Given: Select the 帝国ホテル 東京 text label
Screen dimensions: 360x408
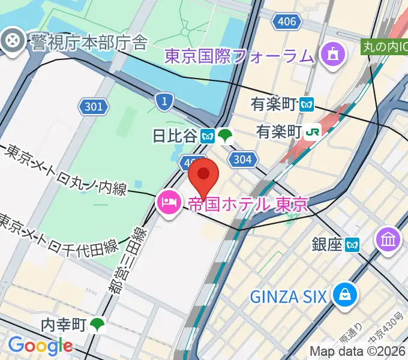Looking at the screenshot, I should (248, 203).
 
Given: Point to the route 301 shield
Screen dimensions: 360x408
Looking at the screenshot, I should (94, 107).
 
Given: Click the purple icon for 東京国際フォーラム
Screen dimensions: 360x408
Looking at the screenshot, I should (331, 56).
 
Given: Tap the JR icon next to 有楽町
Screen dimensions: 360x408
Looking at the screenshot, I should (313, 131).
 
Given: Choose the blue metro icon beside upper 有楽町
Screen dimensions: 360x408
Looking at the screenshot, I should (308, 104).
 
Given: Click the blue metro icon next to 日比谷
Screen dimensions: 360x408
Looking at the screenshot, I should (208, 136).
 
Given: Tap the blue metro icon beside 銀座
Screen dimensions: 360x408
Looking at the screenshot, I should (352, 244).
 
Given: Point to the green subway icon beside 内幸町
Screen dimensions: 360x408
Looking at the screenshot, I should (97, 325).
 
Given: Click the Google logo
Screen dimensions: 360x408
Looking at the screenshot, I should (40, 346).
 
